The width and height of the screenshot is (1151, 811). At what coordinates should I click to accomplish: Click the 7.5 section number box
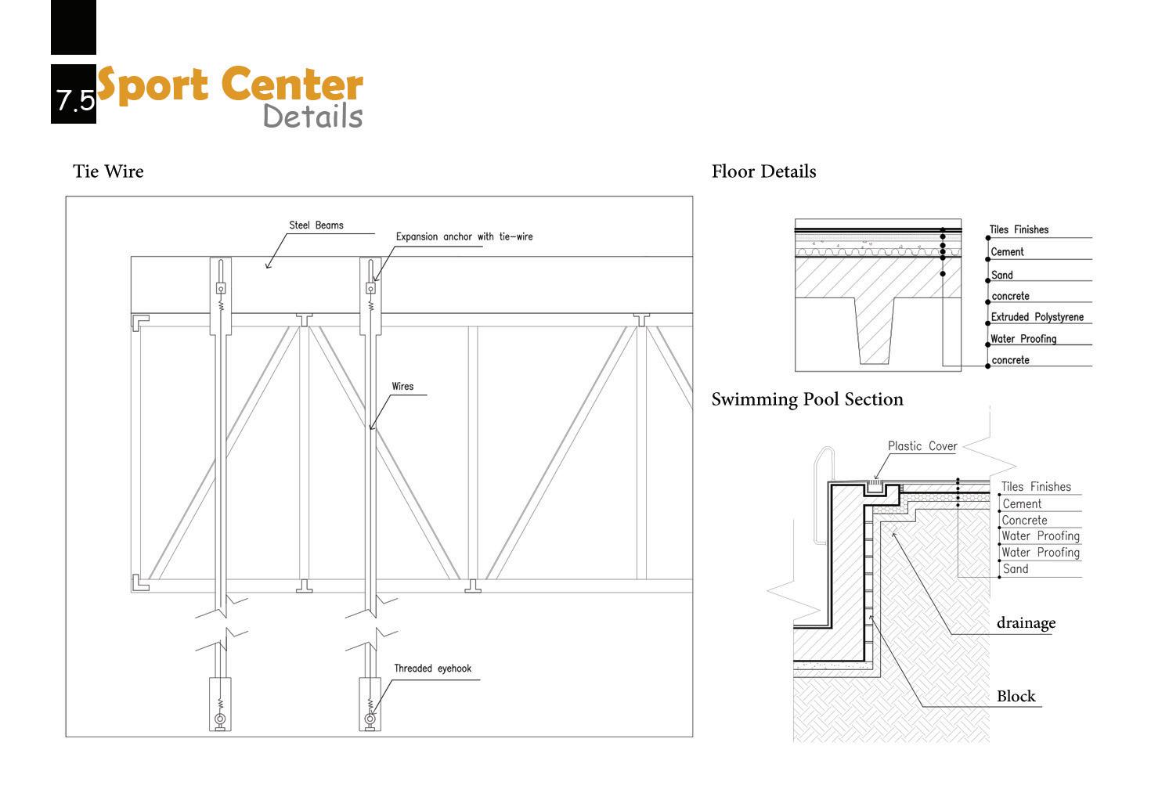coord(74,95)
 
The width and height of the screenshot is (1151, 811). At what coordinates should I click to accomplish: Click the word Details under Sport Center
coord(312,116)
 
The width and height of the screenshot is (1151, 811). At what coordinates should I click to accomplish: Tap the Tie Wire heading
coord(108,171)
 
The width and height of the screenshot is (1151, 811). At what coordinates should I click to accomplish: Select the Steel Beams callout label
coord(316,225)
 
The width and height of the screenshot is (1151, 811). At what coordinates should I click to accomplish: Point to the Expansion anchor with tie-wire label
coord(464,236)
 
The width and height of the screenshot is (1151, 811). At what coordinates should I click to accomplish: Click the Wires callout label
coord(402,386)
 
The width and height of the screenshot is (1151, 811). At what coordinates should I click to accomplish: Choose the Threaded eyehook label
coord(432,669)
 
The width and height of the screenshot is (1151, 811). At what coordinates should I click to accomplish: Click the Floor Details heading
coord(763,171)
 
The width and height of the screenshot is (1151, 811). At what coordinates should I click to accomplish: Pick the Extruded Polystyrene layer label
coord(1037,317)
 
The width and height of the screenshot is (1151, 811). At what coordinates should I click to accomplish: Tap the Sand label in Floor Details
coord(1001,275)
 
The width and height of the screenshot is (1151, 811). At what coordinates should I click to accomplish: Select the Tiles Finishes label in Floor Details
coord(1018,229)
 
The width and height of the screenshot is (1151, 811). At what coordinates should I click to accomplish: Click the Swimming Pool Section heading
coord(806,399)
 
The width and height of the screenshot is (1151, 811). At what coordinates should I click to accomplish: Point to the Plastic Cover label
coord(922,446)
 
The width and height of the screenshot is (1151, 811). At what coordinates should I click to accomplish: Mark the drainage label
coord(1026,623)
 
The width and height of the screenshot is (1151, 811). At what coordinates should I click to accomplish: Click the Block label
coord(1016,696)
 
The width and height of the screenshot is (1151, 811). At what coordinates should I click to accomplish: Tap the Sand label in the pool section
coord(1015,569)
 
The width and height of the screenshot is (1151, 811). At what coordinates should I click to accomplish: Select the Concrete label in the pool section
coord(1024,520)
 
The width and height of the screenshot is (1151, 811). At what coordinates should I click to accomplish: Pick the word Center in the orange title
coord(292,85)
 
